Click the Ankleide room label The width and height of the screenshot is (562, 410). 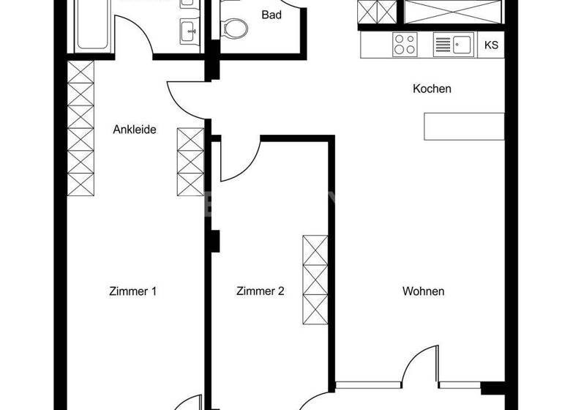[135, 130]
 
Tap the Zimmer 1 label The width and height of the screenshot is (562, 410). [132, 291]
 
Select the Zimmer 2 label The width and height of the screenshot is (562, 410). [260, 291]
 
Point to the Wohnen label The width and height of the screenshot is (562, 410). [423, 291]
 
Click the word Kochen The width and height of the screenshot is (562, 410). [432, 89]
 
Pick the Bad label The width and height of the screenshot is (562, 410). [272, 15]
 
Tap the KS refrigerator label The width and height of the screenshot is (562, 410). [491, 45]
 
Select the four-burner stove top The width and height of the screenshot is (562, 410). [405, 44]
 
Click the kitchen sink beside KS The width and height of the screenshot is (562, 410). [453, 45]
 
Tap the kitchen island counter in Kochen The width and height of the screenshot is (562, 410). [464, 126]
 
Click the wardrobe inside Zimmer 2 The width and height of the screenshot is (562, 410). [315, 280]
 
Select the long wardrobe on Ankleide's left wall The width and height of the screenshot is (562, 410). [81, 128]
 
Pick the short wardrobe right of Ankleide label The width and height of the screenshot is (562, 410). [191, 161]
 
